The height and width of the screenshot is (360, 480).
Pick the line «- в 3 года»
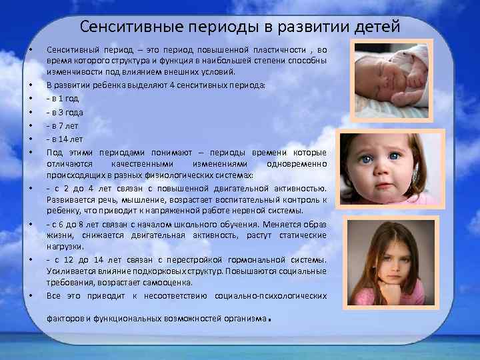(65, 112)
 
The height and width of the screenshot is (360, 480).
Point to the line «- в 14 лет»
(65, 139)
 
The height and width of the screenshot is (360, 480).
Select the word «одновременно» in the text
(296, 164)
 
